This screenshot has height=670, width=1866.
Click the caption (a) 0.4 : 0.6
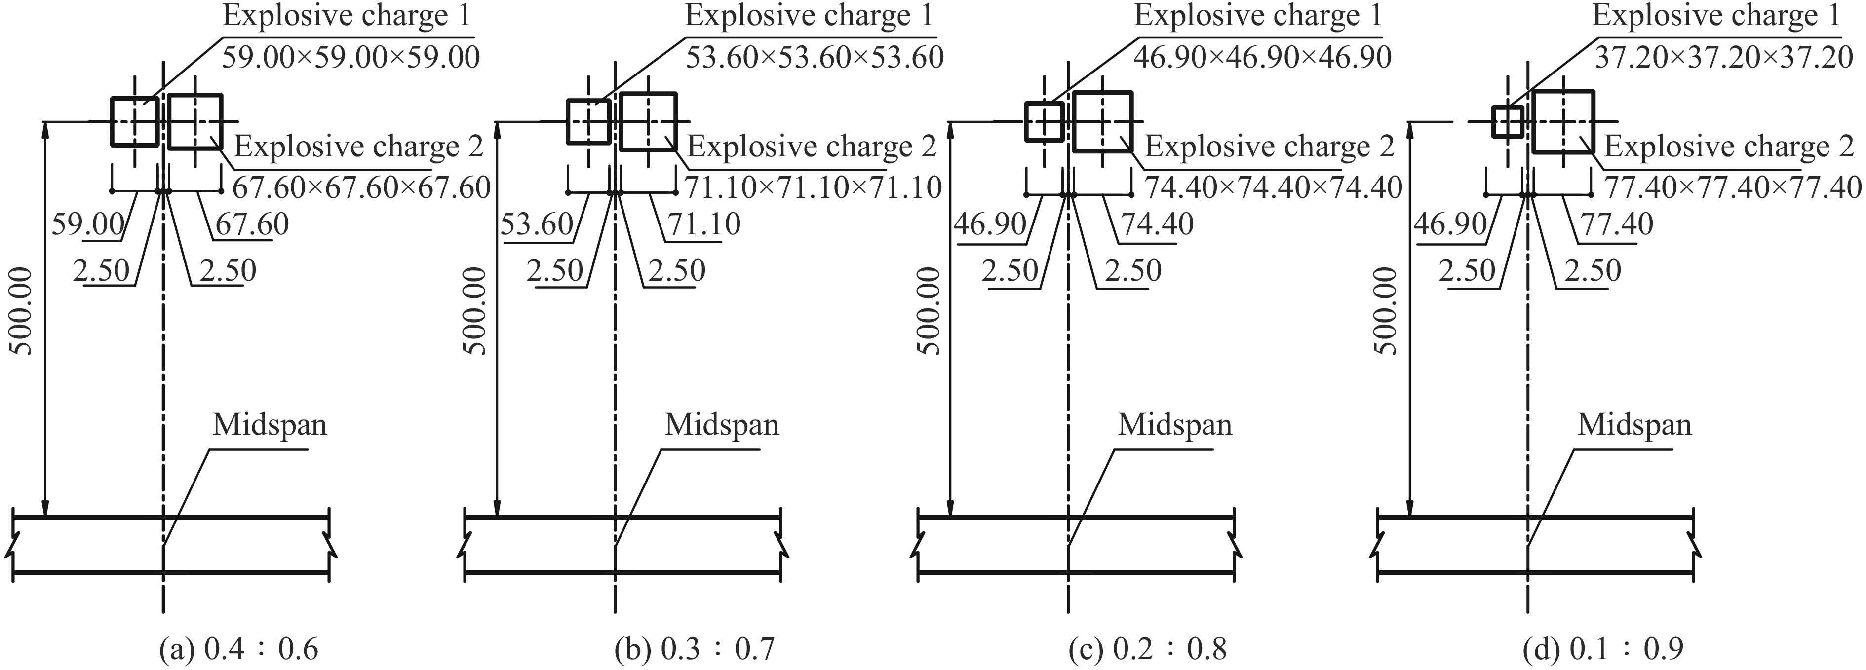click(x=239, y=648)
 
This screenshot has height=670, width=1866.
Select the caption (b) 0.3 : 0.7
click(x=695, y=648)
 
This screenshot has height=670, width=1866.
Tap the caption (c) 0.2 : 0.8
click(x=1148, y=648)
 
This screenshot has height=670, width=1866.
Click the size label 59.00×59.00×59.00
click(x=350, y=57)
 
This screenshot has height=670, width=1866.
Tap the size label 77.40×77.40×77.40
click(x=1733, y=187)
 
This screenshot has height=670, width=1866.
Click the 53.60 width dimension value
click(x=537, y=224)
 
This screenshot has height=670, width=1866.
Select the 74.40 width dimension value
click(x=1157, y=224)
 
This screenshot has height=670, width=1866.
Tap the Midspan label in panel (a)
click(x=270, y=424)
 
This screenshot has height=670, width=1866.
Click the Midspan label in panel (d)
click(x=1635, y=424)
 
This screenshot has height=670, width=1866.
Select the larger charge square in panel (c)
click(x=1102, y=122)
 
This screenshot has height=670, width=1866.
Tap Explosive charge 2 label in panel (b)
click(x=812, y=147)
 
